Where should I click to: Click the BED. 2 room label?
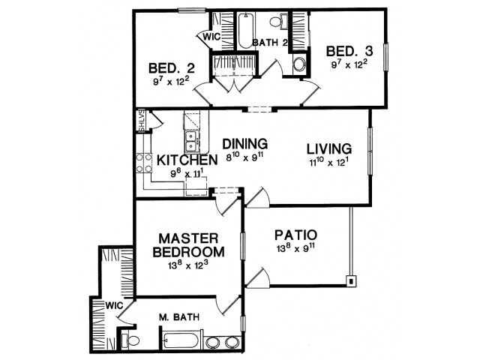point(172,68)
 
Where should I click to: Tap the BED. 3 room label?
point(349,51)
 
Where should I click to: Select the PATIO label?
point(295,235)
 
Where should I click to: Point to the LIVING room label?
point(329,148)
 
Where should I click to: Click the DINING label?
point(245,143)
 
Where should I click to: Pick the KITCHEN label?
point(187,160)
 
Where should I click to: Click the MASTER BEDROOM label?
point(188,245)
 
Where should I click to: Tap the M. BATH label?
point(179,317)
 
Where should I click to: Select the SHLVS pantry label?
point(142,121)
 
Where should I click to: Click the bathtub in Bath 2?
point(246,30)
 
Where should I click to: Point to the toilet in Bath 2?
point(278,22)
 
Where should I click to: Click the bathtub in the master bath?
point(181,340)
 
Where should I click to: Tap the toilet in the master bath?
point(130,340)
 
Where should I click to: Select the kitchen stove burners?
point(144,163)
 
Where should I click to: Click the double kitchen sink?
point(191,142)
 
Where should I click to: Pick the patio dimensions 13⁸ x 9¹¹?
point(295,248)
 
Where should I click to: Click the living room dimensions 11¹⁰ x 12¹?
point(329,162)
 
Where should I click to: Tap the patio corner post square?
point(352,280)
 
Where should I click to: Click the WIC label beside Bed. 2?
point(211,37)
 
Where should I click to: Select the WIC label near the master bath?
point(114,305)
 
